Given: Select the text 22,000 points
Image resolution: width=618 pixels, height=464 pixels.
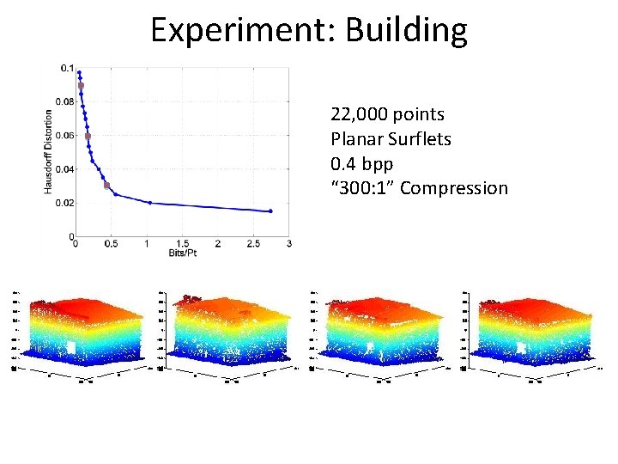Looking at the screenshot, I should [x=387, y=114].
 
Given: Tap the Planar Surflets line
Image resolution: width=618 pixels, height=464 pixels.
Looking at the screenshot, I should [x=391, y=139].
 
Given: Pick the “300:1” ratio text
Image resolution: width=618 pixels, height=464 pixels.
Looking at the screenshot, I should [x=362, y=187].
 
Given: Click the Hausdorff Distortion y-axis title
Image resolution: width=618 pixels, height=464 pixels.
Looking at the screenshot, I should [x=48, y=150].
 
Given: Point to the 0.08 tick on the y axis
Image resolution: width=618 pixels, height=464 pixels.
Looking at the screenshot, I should [x=64, y=101].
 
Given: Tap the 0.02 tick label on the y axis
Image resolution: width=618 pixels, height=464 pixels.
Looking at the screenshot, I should [x=64, y=203].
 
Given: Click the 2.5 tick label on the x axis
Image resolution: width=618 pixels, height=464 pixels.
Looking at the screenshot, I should [x=253, y=244].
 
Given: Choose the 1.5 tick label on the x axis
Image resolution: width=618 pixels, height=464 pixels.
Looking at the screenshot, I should [x=182, y=244].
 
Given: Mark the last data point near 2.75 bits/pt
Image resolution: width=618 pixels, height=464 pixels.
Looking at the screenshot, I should [x=270, y=211].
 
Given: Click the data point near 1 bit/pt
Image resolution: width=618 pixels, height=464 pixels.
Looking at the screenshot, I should [x=149, y=203].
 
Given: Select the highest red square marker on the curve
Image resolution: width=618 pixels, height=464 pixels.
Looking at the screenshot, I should [x=81, y=86].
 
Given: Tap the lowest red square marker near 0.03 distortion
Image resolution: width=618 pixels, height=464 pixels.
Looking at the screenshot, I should [x=106, y=186].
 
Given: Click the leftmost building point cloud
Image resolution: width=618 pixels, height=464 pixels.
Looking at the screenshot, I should [x=82, y=331].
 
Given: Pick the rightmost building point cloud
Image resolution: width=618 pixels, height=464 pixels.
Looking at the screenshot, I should [x=532, y=331].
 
